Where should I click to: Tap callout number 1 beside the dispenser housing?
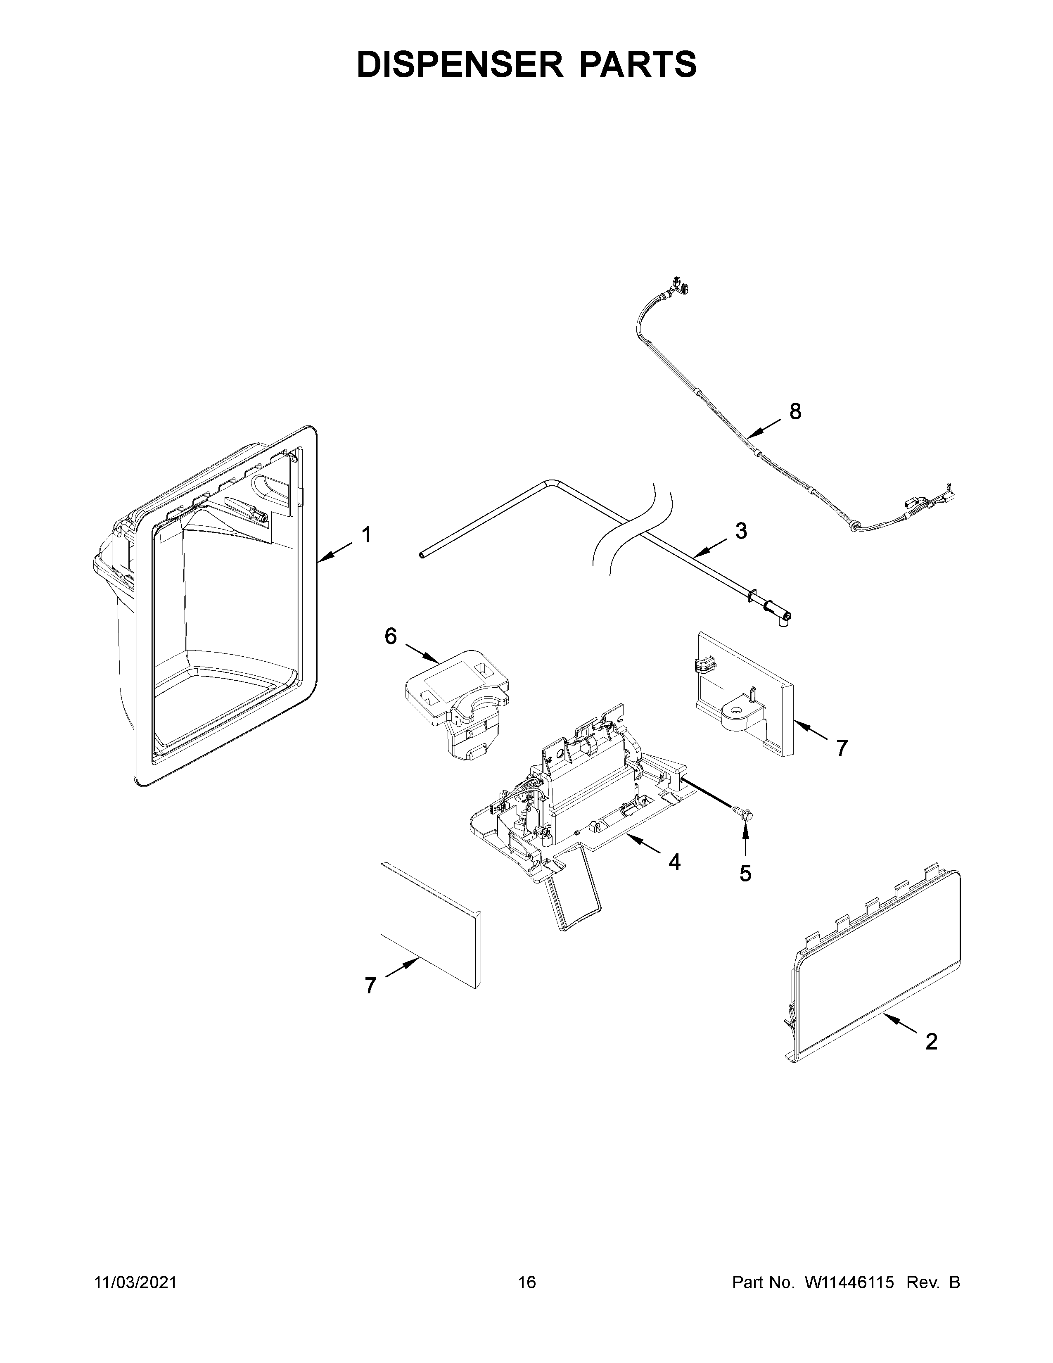[x=367, y=535]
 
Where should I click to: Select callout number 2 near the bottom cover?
[x=931, y=1042]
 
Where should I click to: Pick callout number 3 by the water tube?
[x=740, y=531]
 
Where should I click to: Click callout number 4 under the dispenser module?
[x=674, y=862]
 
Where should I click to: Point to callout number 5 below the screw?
[x=745, y=874]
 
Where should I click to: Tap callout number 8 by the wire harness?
[x=795, y=411]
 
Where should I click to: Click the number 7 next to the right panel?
[x=842, y=748]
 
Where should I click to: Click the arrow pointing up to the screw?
[x=745, y=839]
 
